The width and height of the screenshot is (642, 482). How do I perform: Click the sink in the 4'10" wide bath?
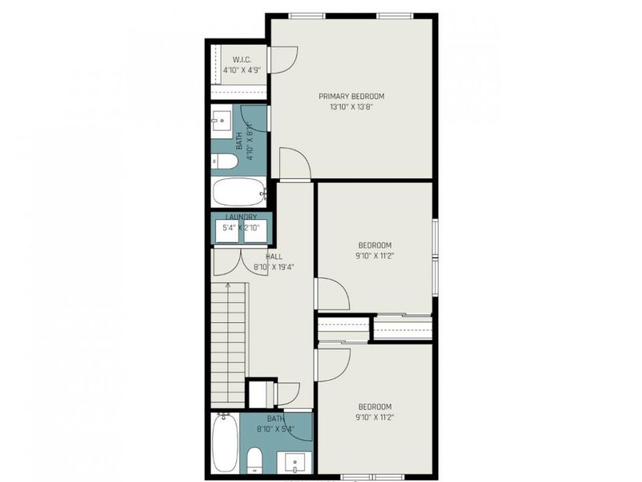point(221,123)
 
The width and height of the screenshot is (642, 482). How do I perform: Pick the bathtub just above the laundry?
point(239,193)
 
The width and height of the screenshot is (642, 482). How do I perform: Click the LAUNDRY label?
point(241,217)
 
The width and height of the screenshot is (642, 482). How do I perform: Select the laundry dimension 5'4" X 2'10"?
point(241,228)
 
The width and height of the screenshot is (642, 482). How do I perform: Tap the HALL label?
point(262,256)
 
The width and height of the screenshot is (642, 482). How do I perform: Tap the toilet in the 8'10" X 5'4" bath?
point(254,460)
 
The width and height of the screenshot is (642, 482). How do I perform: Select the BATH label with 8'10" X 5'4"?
point(275,419)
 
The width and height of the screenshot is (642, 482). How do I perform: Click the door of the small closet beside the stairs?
point(286,394)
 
